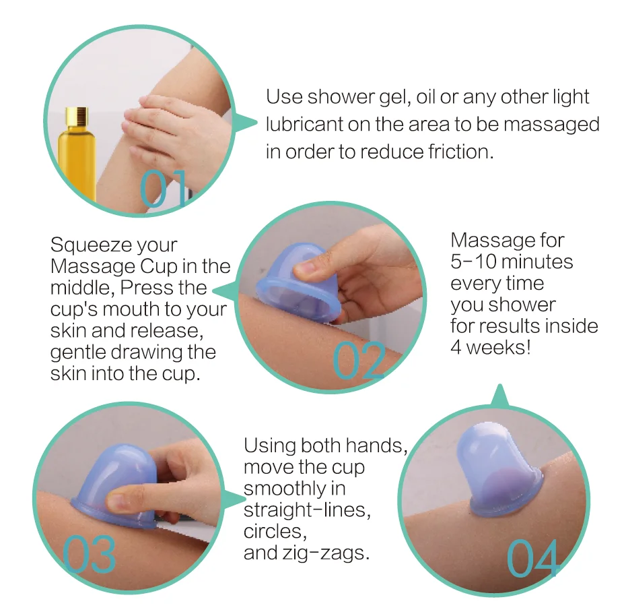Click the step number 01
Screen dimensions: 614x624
[164, 188]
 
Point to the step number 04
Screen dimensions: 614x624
[532, 559]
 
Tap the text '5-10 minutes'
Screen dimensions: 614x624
[512, 262]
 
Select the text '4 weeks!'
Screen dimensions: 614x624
[491, 348]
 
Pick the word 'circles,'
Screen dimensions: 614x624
[275, 532]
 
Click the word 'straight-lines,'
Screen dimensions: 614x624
[306, 510]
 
